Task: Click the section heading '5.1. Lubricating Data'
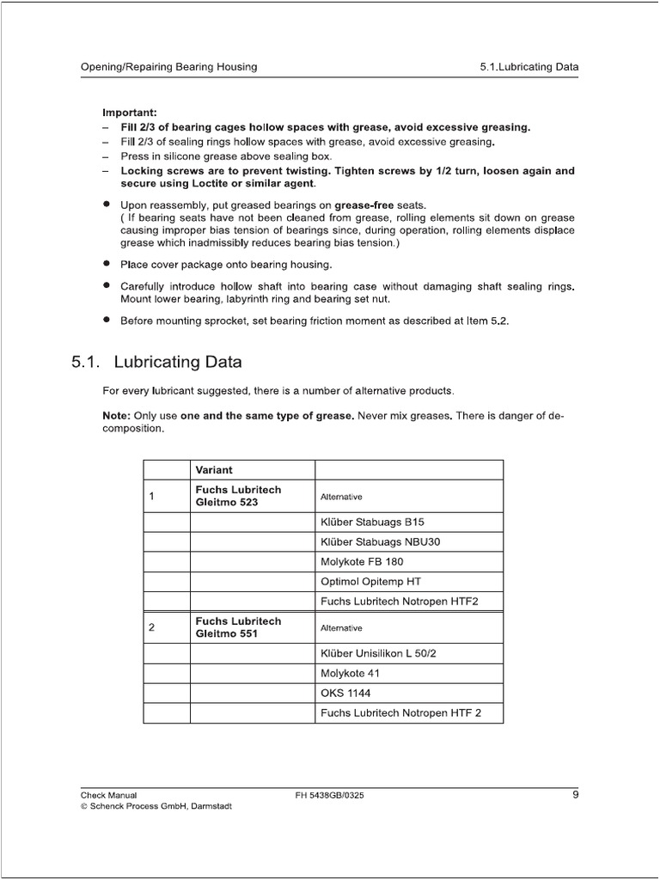click(156, 361)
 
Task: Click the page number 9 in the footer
click(575, 795)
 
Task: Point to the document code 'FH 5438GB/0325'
click(329, 796)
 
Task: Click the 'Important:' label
click(130, 113)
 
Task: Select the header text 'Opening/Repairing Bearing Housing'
click(168, 66)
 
